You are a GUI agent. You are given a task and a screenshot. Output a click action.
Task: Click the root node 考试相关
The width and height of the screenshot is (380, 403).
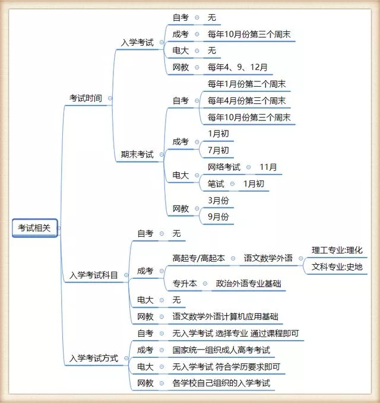[34, 228]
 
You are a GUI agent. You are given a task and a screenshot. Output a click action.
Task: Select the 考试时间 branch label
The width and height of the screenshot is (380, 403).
[85, 98]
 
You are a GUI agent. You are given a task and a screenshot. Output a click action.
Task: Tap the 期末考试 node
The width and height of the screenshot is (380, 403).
[137, 154]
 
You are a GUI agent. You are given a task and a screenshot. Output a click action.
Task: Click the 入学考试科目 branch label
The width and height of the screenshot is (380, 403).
[94, 275]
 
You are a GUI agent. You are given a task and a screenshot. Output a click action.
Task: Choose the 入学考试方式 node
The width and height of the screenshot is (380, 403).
[94, 358]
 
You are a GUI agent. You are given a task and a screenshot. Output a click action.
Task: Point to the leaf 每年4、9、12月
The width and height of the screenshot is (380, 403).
[237, 67]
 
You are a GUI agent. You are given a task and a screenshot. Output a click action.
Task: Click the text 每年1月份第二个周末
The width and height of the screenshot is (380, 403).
[247, 84]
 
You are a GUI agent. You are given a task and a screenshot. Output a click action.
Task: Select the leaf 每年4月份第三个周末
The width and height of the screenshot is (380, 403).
[247, 101]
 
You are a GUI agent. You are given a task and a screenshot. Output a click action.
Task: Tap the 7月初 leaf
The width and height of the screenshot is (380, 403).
[218, 150]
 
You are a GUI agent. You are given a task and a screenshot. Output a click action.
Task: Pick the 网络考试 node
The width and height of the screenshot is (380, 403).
[224, 167]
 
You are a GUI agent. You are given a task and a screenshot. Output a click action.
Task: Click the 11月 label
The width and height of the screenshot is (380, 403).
[268, 167]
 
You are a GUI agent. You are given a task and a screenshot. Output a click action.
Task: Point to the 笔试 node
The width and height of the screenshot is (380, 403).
[216, 184]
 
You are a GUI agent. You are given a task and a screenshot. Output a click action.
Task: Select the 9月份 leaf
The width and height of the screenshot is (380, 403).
[218, 217]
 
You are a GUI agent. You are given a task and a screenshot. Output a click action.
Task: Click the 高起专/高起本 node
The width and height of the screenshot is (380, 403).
[199, 258]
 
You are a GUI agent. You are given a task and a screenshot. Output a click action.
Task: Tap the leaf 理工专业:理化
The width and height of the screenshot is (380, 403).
[337, 250]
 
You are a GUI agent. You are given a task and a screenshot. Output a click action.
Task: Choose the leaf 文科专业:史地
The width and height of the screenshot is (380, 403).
[337, 266]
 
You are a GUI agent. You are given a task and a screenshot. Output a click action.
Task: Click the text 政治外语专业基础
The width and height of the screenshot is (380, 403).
[248, 284]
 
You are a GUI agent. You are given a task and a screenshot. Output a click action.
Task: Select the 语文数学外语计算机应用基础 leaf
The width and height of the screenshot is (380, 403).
[225, 316]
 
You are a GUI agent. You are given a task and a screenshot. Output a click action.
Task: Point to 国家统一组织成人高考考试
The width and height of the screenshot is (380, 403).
[221, 350]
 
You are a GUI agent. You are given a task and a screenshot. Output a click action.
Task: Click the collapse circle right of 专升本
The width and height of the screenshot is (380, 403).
[205, 284]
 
